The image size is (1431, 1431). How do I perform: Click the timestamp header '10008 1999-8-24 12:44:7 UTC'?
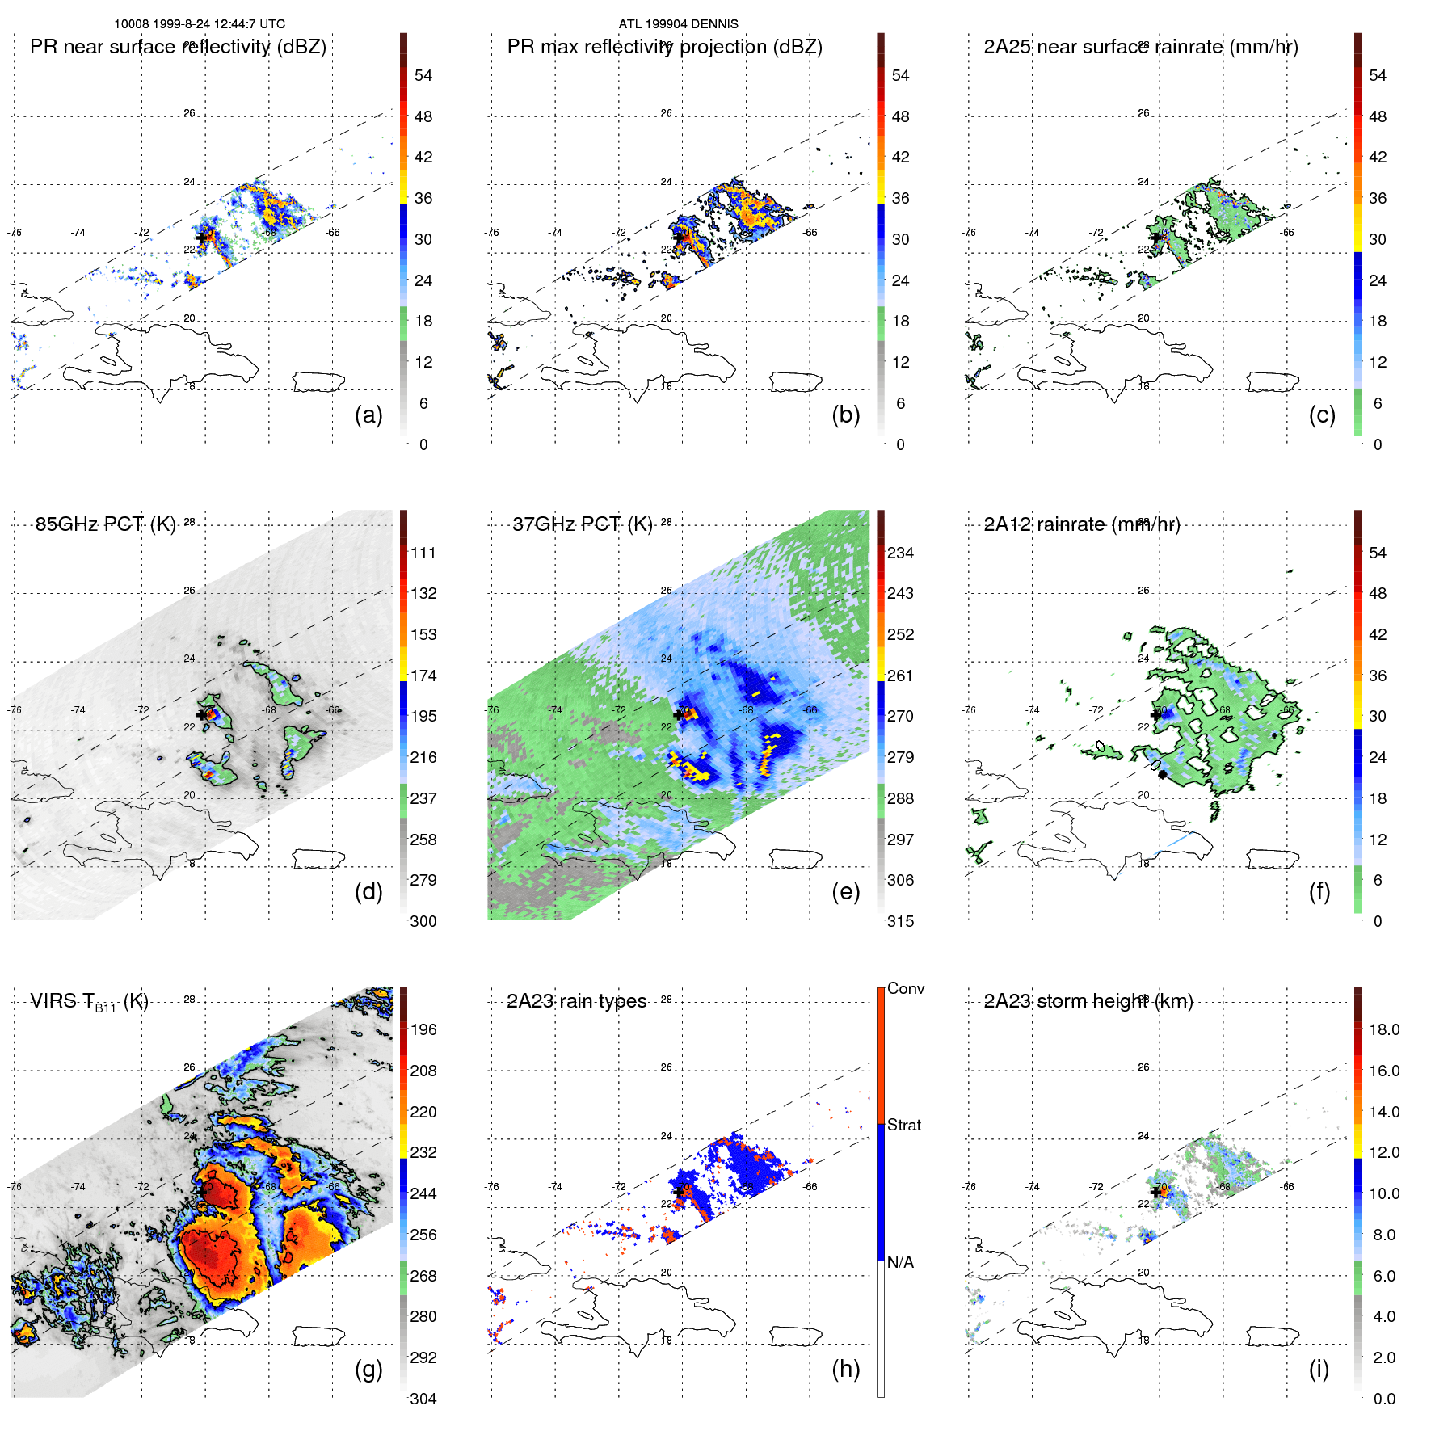(x=199, y=24)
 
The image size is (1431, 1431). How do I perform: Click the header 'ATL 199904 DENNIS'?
(x=678, y=24)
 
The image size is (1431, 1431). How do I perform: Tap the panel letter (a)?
(x=368, y=415)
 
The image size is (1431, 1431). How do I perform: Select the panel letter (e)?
(x=845, y=891)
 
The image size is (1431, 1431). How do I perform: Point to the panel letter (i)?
(x=1319, y=1369)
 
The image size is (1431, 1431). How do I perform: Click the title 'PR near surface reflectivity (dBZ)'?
(x=178, y=47)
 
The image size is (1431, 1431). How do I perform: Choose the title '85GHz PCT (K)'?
(x=105, y=524)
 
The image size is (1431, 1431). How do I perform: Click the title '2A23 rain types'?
(x=576, y=1001)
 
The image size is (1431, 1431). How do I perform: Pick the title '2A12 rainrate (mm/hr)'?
(x=1081, y=524)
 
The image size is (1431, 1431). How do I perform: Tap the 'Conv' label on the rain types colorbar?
(x=905, y=988)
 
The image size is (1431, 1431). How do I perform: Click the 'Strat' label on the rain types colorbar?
(x=903, y=1125)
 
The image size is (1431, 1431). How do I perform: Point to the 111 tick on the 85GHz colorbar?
(x=423, y=553)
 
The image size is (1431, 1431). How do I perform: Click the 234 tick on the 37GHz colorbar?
(x=900, y=553)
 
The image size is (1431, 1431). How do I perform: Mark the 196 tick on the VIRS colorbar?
(x=423, y=1030)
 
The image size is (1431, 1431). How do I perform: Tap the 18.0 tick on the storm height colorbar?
(x=1383, y=1030)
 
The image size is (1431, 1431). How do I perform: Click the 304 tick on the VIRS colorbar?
(x=423, y=1399)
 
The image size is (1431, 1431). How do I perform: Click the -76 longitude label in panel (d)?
(x=15, y=710)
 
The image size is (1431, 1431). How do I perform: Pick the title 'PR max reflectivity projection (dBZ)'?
(x=664, y=47)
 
